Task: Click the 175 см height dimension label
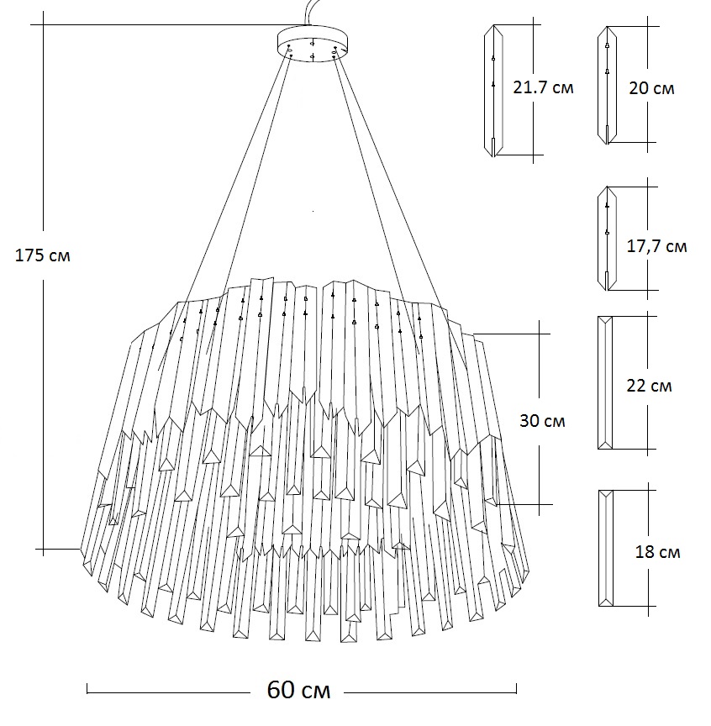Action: coord(43,255)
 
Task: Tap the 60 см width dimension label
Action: coord(298,691)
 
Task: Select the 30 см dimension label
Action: coord(542,420)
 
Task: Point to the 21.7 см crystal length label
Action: coord(543,87)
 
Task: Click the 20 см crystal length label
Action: coord(651,87)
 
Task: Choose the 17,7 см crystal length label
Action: coord(656,246)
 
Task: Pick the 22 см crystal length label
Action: coord(649,386)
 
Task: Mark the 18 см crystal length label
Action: coord(657,552)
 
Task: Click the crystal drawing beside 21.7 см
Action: coord(493,91)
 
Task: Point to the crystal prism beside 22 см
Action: coord(604,383)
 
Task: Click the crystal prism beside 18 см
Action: coord(605,548)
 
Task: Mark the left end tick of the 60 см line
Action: coord(87,691)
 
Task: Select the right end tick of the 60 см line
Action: coord(516,691)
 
